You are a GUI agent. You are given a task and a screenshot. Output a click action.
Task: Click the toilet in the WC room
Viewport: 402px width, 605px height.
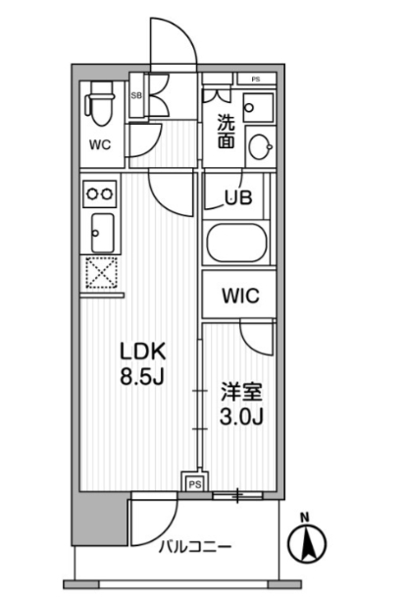click(x=100, y=104)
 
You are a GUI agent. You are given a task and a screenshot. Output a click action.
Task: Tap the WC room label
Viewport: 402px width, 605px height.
click(x=100, y=145)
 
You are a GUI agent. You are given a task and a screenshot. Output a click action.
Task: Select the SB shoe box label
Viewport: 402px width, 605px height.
click(x=136, y=95)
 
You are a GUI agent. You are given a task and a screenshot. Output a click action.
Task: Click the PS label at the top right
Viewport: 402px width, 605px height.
click(x=256, y=80)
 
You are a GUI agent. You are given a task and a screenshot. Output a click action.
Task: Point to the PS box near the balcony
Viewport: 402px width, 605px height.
click(x=195, y=483)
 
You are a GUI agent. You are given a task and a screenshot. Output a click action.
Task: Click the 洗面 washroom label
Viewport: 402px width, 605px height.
click(x=226, y=132)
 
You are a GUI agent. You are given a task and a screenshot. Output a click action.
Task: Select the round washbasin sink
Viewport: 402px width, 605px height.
click(x=260, y=146)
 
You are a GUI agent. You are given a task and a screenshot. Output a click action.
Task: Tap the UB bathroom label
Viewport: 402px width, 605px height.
click(x=238, y=197)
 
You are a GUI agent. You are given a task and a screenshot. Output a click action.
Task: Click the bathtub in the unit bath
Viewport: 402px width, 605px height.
click(x=236, y=244)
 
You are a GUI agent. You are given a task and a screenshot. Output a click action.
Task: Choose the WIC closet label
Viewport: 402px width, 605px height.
click(x=240, y=296)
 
